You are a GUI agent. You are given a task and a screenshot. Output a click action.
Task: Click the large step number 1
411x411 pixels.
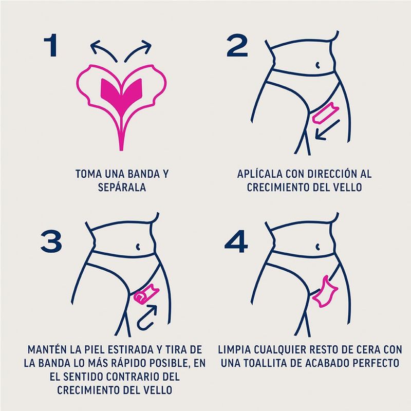tap(50, 45)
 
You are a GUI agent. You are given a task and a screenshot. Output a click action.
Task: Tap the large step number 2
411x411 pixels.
tap(237, 45)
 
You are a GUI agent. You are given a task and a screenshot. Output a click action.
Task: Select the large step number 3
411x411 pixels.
tap(51, 241)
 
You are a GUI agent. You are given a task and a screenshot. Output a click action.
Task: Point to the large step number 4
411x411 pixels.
tap(236, 241)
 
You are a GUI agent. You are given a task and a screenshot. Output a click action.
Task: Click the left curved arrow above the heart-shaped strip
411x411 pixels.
tap(103, 49)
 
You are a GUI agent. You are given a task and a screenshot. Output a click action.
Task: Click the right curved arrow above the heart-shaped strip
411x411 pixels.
tap(139, 49)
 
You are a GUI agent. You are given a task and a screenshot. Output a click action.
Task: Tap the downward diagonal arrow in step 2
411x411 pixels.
tap(327, 129)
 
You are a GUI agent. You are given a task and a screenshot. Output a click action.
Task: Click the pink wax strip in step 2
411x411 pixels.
tap(325, 113)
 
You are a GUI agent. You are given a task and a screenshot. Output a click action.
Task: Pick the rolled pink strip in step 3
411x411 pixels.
tap(146, 294)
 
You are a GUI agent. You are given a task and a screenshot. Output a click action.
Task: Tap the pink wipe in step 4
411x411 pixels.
tap(325, 291)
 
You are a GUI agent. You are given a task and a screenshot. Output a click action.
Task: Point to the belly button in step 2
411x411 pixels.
tap(317, 65)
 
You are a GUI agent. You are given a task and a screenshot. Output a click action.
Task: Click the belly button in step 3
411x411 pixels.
tap(138, 247)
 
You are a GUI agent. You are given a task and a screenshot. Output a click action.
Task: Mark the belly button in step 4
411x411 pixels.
tap(317, 247)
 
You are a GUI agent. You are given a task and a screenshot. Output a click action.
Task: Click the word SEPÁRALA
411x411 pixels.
tap(122, 187)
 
